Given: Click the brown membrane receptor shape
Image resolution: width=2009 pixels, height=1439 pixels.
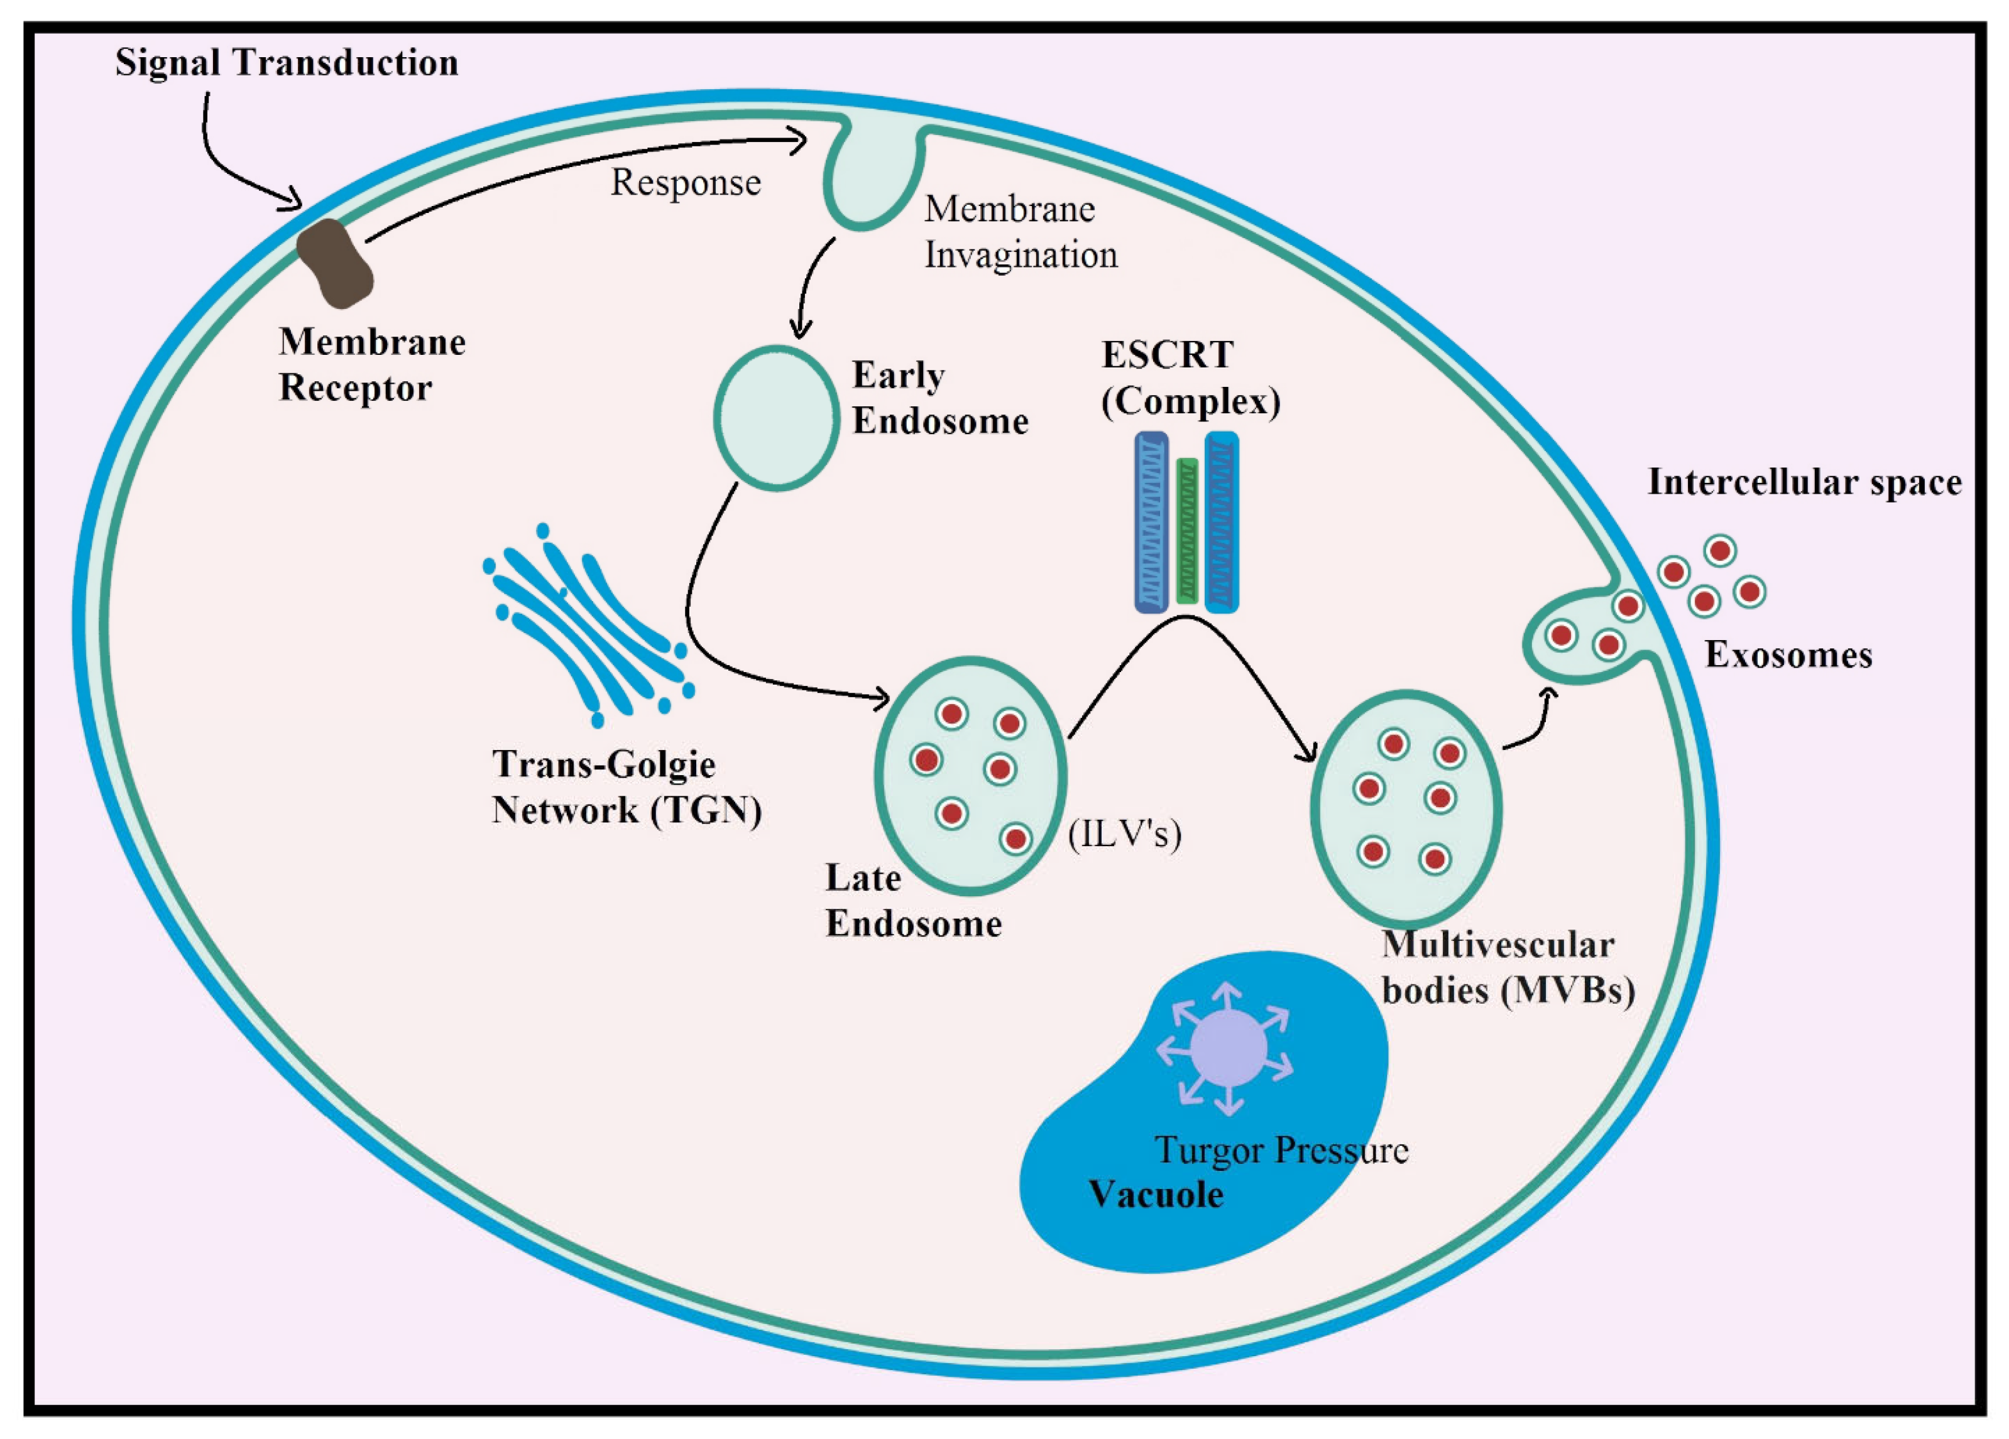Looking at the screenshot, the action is point(334,263).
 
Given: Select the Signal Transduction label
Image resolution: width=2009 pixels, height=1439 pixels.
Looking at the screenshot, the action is point(287,63).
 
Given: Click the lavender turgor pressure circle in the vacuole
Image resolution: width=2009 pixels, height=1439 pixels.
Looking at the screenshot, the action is point(1228,1048).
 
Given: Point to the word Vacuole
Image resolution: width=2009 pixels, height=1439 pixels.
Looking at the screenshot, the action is point(1156,1195).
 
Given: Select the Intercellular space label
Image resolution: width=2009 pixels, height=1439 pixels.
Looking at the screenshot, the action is point(1804,482).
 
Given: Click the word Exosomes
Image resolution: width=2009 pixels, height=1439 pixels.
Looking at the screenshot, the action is point(1788,655).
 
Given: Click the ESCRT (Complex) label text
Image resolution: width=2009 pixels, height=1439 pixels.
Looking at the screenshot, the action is point(1191,378).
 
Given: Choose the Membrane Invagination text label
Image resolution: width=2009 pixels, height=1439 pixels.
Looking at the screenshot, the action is point(1021,232).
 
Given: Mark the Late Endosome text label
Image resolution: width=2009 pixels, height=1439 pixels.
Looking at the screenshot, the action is point(913,901).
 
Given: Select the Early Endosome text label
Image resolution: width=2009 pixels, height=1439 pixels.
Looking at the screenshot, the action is point(940,398).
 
